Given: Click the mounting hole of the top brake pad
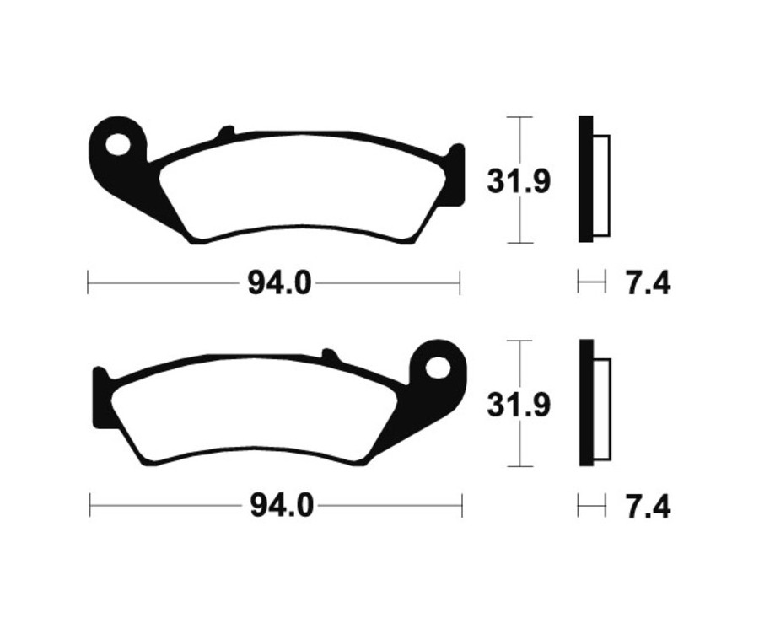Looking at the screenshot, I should (118, 143).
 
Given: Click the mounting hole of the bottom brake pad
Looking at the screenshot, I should (437, 368).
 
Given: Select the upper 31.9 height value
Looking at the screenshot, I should (518, 180).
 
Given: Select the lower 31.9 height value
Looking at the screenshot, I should (518, 405).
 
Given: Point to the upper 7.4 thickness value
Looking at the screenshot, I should (648, 283).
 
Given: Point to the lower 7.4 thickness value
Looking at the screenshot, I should (648, 508).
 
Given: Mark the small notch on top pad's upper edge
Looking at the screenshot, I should (225, 132).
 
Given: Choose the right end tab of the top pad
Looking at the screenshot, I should (456, 173).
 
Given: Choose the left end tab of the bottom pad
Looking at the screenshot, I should (99, 396).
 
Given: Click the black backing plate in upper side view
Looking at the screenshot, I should (585, 179).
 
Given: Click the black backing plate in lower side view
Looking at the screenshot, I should (585, 403).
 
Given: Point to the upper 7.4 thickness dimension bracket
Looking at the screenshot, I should (591, 282).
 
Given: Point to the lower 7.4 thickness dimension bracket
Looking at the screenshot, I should (591, 506).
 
